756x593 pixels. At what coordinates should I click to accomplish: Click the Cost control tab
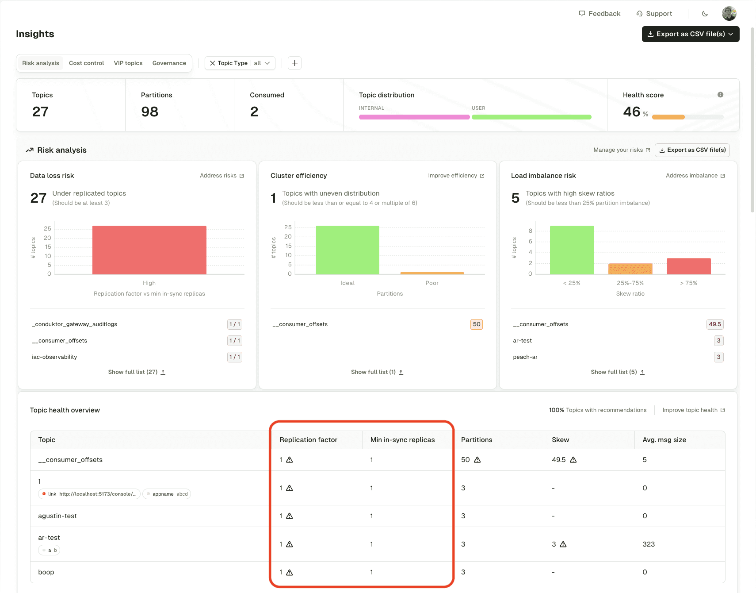86,63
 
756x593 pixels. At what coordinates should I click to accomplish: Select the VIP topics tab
128,63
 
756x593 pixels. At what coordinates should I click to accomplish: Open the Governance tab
169,63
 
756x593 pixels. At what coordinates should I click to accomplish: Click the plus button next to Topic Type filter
294,63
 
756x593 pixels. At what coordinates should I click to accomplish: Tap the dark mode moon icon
705,14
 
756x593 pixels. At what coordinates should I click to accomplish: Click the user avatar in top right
729,14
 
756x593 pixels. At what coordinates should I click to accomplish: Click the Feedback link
599,14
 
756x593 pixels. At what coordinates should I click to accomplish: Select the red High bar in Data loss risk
149,250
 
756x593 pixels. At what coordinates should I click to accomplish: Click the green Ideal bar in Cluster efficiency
347,250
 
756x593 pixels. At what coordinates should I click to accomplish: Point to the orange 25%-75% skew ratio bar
630,269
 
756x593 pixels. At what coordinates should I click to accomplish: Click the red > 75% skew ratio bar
688,266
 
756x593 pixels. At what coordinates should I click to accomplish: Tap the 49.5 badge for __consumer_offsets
714,324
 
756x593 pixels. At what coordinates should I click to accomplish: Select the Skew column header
560,440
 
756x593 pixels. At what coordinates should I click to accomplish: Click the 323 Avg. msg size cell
649,544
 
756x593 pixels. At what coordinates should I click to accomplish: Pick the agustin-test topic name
57,516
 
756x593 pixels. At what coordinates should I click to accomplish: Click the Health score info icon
720,95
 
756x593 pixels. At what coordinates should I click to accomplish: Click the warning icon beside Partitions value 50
477,460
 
